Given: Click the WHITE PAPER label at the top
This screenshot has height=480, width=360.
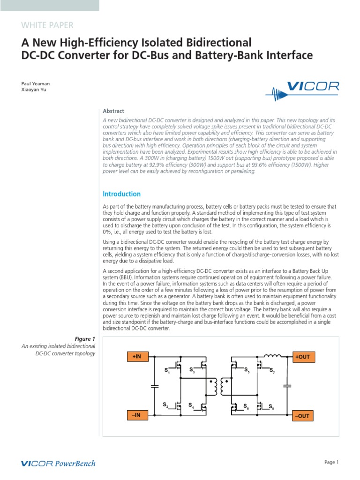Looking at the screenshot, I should coord(47,25).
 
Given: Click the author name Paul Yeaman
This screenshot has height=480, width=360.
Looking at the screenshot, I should coord(36,84).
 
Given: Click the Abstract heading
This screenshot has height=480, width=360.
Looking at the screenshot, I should coord(113,111).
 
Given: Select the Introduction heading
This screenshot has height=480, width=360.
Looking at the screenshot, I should coord(121,194).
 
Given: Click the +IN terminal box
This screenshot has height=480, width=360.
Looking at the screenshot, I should coord(137,357).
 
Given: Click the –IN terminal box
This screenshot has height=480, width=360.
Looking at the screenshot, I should coord(137,415).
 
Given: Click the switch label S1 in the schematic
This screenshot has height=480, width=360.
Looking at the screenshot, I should coord(166,371).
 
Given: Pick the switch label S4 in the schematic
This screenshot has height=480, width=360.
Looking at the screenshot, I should coord(191,405).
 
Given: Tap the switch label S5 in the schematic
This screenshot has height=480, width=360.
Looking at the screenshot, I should coord(247,371).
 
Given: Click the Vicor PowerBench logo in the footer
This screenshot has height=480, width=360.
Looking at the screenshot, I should coord(59,464).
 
